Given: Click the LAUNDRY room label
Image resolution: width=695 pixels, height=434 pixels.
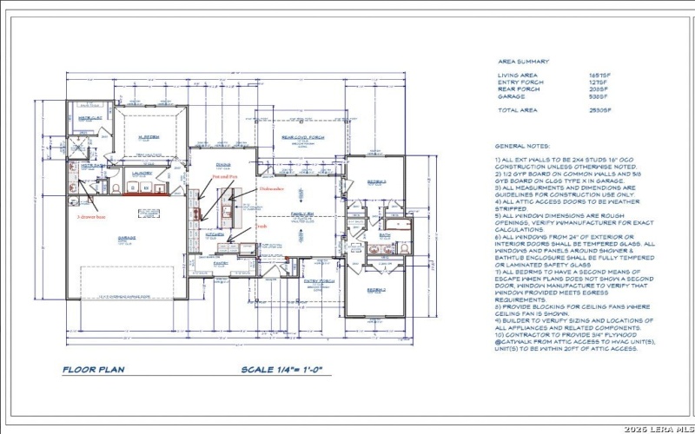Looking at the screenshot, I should (142, 173).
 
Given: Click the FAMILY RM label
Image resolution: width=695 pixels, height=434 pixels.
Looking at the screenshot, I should (301, 214).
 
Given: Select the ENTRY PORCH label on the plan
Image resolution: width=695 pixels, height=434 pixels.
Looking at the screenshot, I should (319, 281).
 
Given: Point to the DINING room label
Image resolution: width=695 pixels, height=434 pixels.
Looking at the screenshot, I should (223, 165).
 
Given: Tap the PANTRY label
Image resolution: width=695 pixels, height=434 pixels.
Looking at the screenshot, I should (221, 261).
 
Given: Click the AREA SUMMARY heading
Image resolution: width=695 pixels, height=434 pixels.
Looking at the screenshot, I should (523, 62).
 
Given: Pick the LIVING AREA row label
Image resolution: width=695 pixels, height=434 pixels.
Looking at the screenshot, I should (519, 76).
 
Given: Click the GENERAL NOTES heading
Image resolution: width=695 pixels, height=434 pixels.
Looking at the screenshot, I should (521, 145).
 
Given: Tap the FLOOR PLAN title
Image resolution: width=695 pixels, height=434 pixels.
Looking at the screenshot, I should (93, 370).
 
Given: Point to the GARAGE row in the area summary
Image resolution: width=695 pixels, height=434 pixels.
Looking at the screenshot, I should (511, 96).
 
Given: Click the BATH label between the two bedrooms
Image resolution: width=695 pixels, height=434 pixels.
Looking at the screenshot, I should (385, 234).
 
